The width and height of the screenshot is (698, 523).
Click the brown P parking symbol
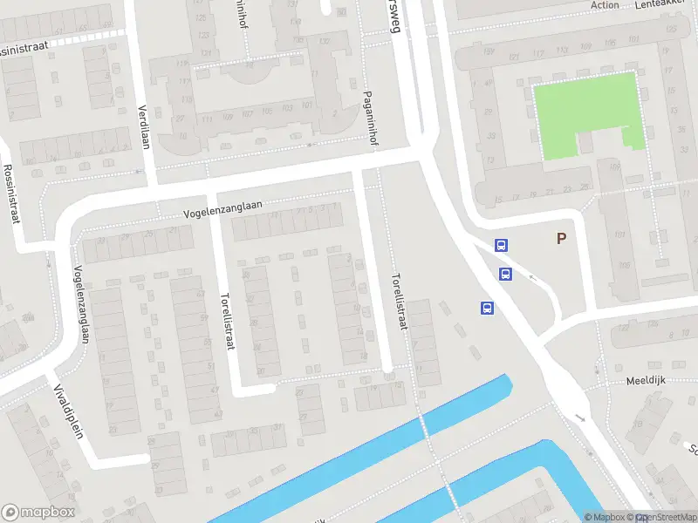coord(561,238)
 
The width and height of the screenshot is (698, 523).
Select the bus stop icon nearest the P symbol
coord(502,246)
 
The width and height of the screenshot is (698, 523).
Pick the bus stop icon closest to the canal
coord(487,308)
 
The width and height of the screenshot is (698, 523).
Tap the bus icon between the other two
coord(505,274)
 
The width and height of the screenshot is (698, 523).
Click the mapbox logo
coord(38,513)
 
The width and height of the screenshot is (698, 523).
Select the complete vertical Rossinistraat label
coord(11,194)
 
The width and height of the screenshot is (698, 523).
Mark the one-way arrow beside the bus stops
coord(531,280)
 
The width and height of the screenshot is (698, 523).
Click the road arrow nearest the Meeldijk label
coord(581,418)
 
